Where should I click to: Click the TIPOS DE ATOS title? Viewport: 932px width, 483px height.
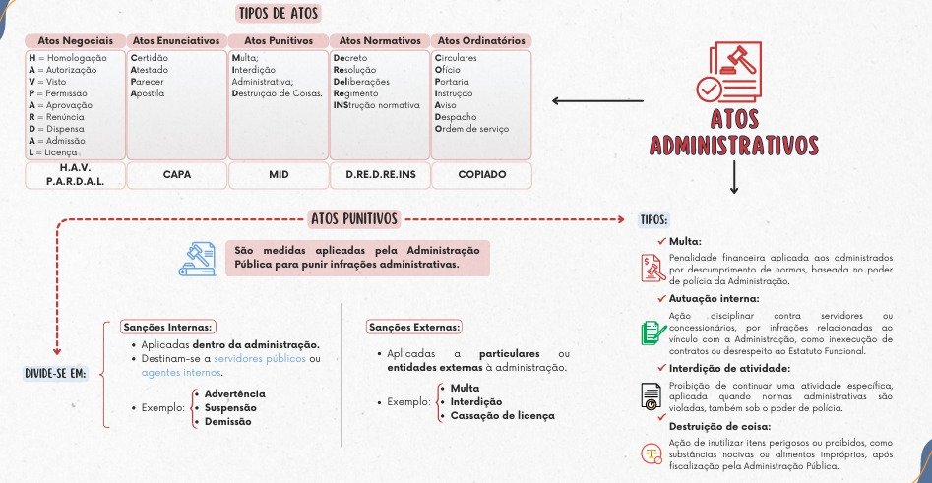[x=279, y=15]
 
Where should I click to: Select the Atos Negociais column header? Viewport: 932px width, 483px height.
[x=76, y=40]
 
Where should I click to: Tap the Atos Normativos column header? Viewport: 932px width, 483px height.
[x=379, y=40]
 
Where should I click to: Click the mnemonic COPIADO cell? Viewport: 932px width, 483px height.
[x=481, y=174]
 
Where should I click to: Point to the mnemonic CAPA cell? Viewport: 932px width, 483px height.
[x=177, y=174]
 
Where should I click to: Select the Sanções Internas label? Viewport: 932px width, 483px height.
[x=168, y=327]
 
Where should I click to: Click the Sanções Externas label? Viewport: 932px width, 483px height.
[x=414, y=327]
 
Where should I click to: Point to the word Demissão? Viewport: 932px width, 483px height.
[x=228, y=421]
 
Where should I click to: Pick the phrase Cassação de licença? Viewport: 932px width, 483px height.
[x=502, y=415]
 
